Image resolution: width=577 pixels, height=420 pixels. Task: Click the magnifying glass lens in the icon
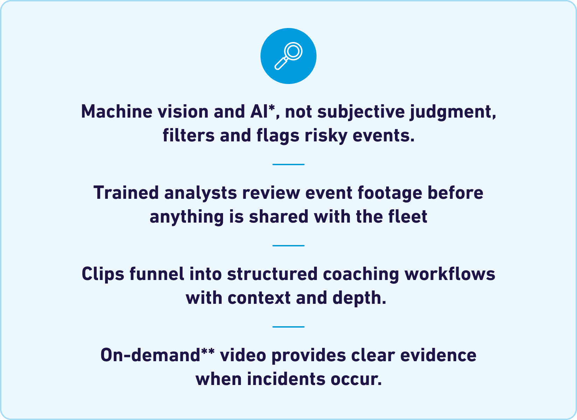click(x=293, y=51)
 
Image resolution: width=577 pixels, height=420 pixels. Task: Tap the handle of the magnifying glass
click(x=280, y=63)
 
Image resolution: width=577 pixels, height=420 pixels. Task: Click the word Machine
click(x=117, y=112)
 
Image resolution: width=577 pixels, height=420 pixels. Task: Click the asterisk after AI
click(x=271, y=108)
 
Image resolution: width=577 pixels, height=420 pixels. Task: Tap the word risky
click(x=326, y=136)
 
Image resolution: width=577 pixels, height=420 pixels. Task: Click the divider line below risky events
click(x=288, y=164)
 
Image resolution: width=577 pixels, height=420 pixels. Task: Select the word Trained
click(x=126, y=192)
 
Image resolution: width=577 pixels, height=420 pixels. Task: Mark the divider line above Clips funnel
click(x=288, y=246)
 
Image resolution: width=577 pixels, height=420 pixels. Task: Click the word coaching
click(x=361, y=274)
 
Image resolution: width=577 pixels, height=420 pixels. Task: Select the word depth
click(x=359, y=299)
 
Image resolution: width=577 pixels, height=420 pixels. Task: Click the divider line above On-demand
click(x=288, y=327)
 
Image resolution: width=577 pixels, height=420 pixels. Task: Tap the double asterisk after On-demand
click(x=208, y=351)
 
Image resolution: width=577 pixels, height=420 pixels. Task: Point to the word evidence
click(x=438, y=355)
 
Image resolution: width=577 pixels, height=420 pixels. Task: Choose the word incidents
click(x=286, y=379)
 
